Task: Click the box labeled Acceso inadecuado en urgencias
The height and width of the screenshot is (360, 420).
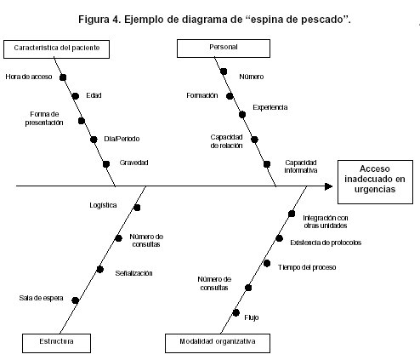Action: click(x=375, y=182)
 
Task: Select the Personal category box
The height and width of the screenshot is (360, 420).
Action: click(x=224, y=49)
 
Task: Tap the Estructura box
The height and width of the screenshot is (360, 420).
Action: click(x=56, y=343)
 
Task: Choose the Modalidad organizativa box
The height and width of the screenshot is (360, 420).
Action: click(x=218, y=343)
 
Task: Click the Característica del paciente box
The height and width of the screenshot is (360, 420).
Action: click(x=56, y=49)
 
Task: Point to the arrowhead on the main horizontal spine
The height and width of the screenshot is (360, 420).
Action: click(x=328, y=186)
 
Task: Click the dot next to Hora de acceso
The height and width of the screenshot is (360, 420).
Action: click(x=63, y=77)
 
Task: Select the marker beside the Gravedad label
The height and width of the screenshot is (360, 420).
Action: click(x=106, y=164)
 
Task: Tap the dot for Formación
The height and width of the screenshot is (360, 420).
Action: click(x=230, y=96)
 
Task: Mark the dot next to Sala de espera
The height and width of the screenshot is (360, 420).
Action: click(x=75, y=300)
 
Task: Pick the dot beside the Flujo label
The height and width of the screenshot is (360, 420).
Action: click(x=236, y=312)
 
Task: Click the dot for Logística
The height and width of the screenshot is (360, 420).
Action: click(x=137, y=208)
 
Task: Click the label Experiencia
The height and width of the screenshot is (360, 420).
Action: click(x=270, y=107)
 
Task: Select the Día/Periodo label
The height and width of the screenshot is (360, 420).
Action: click(x=122, y=139)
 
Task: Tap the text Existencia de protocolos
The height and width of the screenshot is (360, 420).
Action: click(x=326, y=243)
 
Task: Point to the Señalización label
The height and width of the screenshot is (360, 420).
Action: click(x=133, y=273)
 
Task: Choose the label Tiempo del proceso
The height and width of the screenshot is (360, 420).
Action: click(x=307, y=267)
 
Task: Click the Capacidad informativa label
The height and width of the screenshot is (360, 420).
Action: click(x=301, y=166)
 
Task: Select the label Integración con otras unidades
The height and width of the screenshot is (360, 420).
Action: click(x=326, y=221)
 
